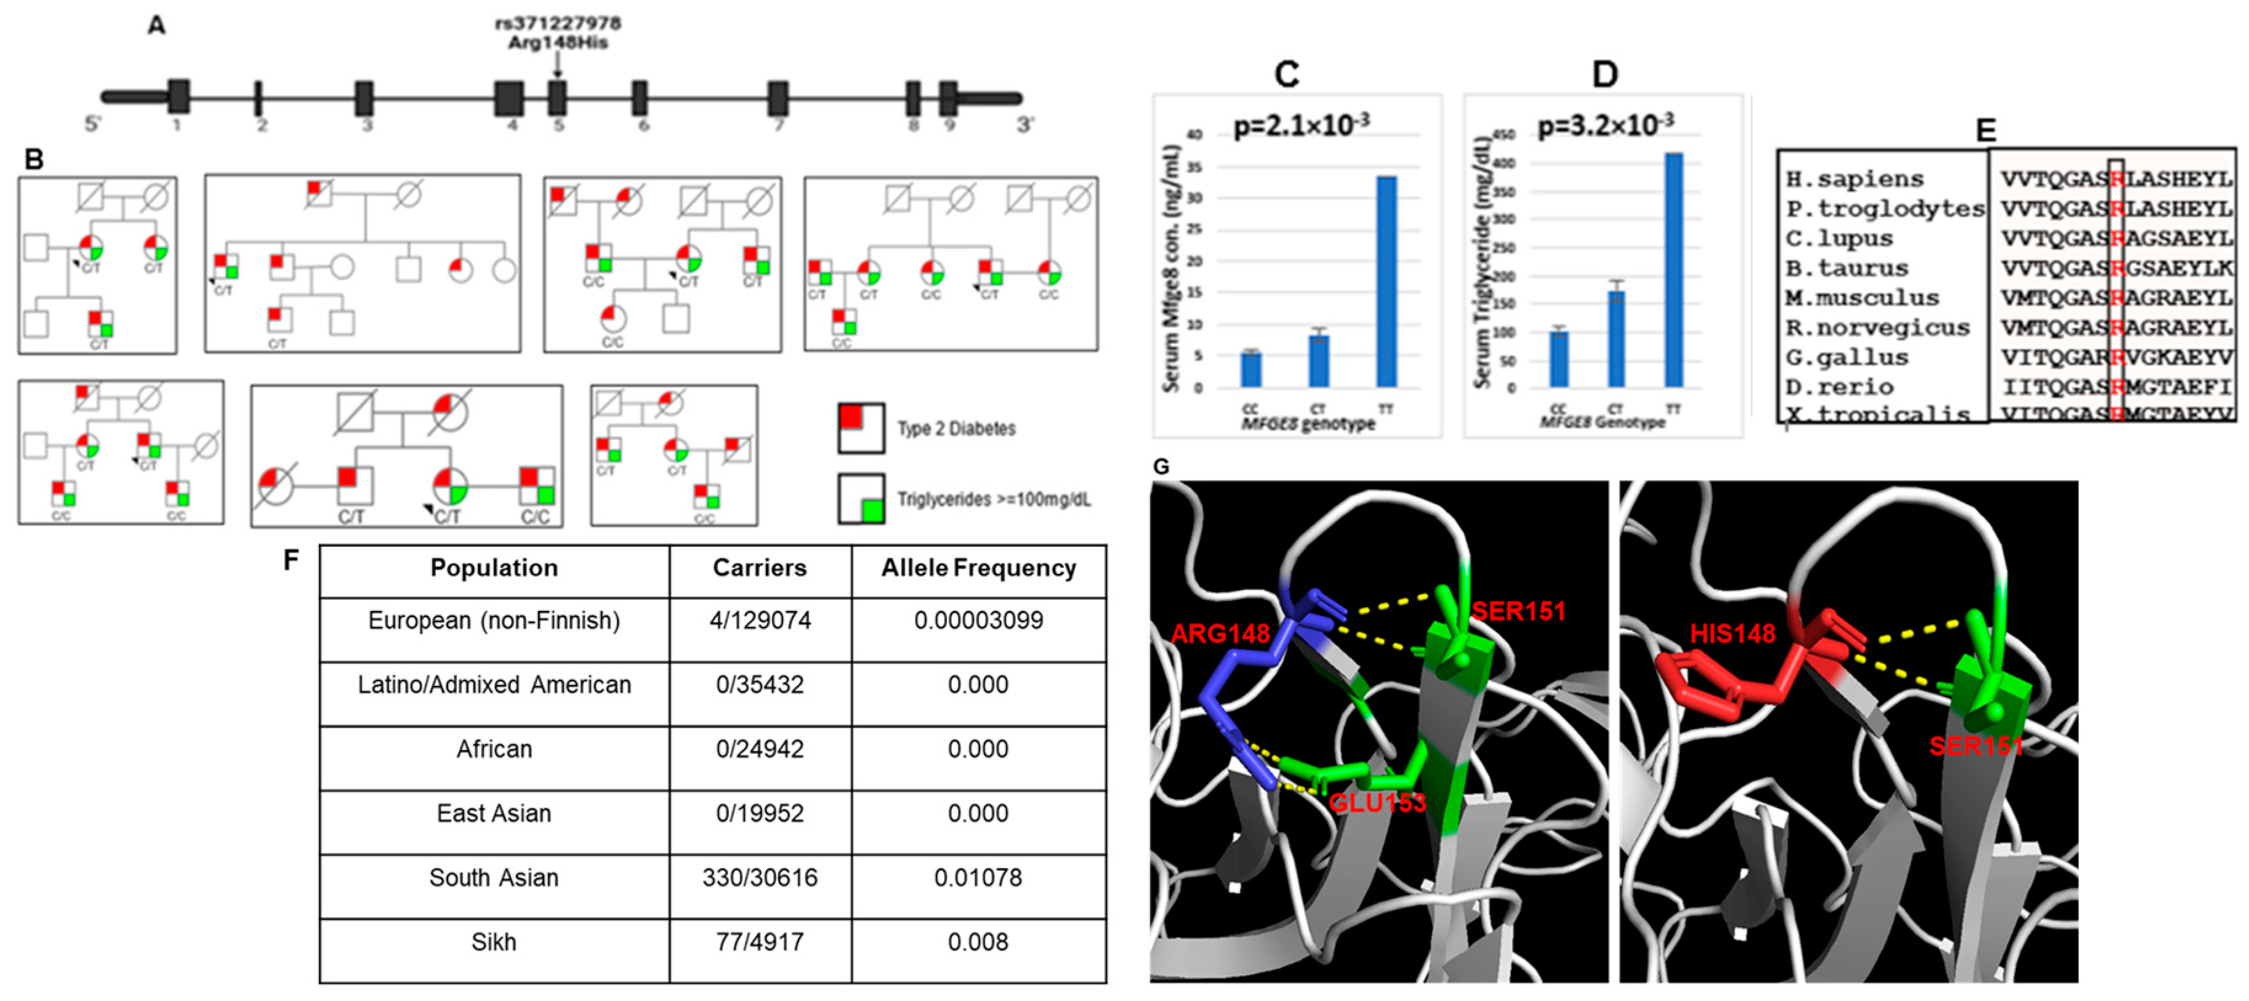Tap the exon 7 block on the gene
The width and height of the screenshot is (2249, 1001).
tap(778, 98)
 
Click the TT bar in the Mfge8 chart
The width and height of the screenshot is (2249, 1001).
tap(1386, 281)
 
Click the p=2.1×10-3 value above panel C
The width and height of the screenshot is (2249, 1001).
tap(1301, 127)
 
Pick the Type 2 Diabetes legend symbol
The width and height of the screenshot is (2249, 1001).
tap(861, 428)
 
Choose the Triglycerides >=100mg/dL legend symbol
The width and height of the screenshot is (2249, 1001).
tap(861, 499)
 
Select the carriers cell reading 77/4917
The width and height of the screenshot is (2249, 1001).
tap(760, 943)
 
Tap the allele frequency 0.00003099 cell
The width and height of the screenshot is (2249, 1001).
tap(978, 621)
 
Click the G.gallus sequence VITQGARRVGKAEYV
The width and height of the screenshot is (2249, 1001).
tap(2115, 357)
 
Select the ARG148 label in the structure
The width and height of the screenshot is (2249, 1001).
tap(1220, 634)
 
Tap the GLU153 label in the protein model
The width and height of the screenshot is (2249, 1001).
tap(1377, 802)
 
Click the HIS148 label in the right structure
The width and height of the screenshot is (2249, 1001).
tap(1732, 634)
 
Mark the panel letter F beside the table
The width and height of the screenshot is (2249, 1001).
tap(292, 559)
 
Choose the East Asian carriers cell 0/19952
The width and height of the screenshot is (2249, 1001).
tap(760, 813)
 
